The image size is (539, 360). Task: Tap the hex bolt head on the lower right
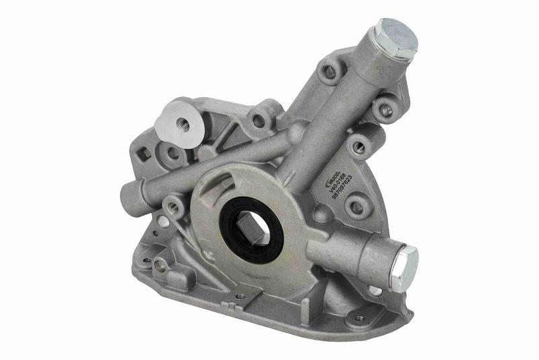(x=404, y=268)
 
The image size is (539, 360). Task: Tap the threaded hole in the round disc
(x=181, y=123)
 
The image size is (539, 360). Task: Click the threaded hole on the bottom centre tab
(x=241, y=295)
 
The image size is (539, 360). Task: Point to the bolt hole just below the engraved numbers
(x=356, y=205)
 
